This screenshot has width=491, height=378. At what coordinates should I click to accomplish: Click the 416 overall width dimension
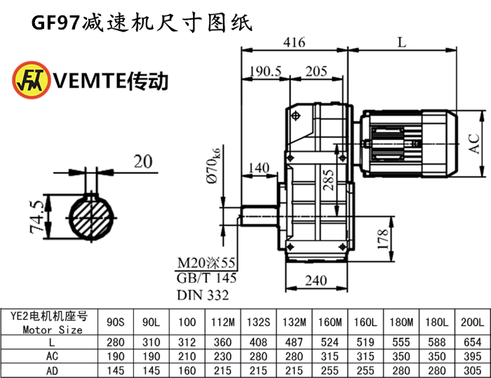click(295, 42)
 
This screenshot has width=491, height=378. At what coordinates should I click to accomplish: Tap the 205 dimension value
click(316, 71)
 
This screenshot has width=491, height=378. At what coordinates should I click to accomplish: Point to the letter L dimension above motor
click(401, 42)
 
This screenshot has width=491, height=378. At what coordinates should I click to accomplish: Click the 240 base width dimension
click(317, 281)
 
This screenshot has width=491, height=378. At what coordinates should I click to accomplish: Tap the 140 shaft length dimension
click(259, 168)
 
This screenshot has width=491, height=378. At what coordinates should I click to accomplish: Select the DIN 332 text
click(202, 295)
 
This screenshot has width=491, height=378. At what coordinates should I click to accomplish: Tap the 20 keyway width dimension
click(143, 162)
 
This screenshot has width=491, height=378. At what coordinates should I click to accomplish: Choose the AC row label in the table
click(52, 355)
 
